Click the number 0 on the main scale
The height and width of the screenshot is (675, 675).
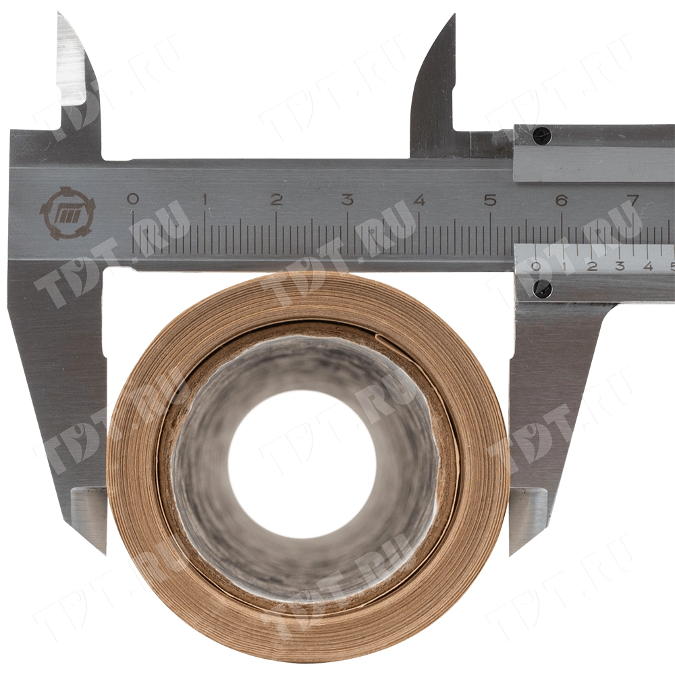tap(134, 199)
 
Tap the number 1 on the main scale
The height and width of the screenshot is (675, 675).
tap(205, 200)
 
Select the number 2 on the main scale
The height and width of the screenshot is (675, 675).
tap(276, 200)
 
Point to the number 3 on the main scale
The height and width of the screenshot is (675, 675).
tap(348, 200)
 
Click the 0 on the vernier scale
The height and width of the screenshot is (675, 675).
tap(536, 266)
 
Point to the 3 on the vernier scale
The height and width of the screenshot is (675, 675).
tap(620, 266)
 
